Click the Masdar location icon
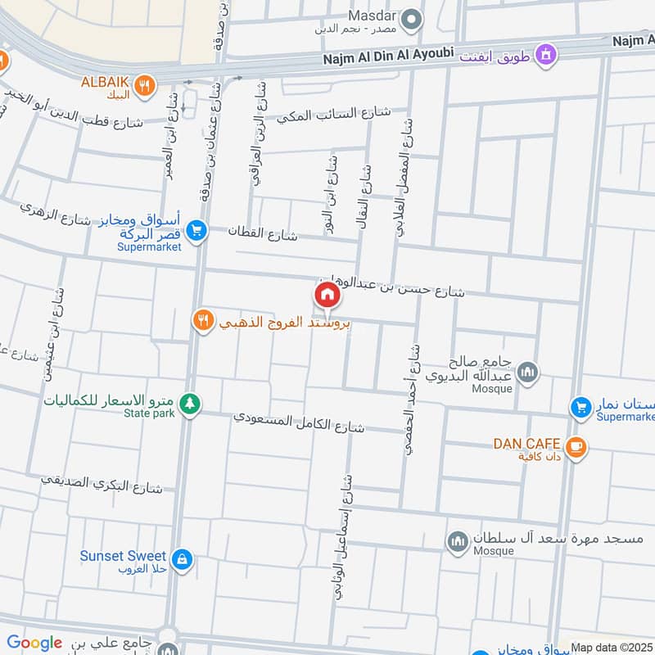pyautogui.click(x=414, y=17)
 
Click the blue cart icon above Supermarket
pyautogui.click(x=195, y=231)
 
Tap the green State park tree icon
pyautogui.click(x=190, y=404)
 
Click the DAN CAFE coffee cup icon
pyautogui.click(x=576, y=446)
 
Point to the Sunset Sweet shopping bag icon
pyautogui.click(x=182, y=559)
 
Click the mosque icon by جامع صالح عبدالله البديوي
pyautogui.click(x=528, y=373)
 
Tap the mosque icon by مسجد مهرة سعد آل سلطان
pyautogui.click(x=456, y=541)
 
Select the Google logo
pyautogui.click(x=34, y=643)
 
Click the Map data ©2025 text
pyautogui.click(x=612, y=648)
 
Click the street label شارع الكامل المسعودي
pyautogui.click(x=298, y=421)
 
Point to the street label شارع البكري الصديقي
pyautogui.click(x=102, y=483)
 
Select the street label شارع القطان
pyautogui.click(x=263, y=235)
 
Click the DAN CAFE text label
pyautogui.click(x=526, y=444)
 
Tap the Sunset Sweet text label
pyautogui.click(x=123, y=556)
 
